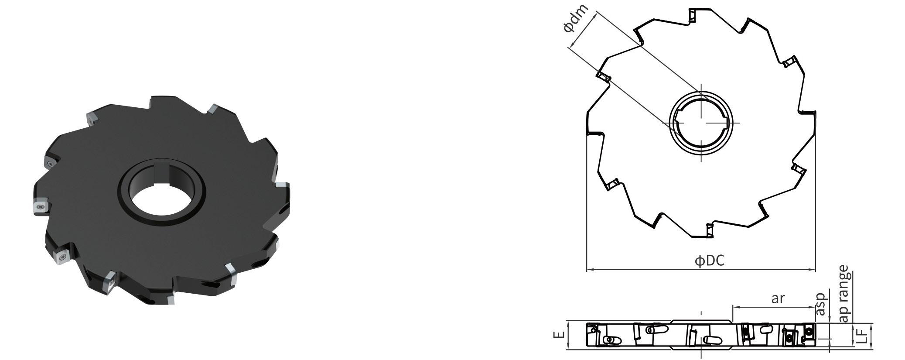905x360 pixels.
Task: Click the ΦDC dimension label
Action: pos(709,261)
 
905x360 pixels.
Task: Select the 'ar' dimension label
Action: pos(778,299)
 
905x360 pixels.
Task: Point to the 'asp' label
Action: pos(821,304)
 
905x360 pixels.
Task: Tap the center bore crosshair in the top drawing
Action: pos(701,123)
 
